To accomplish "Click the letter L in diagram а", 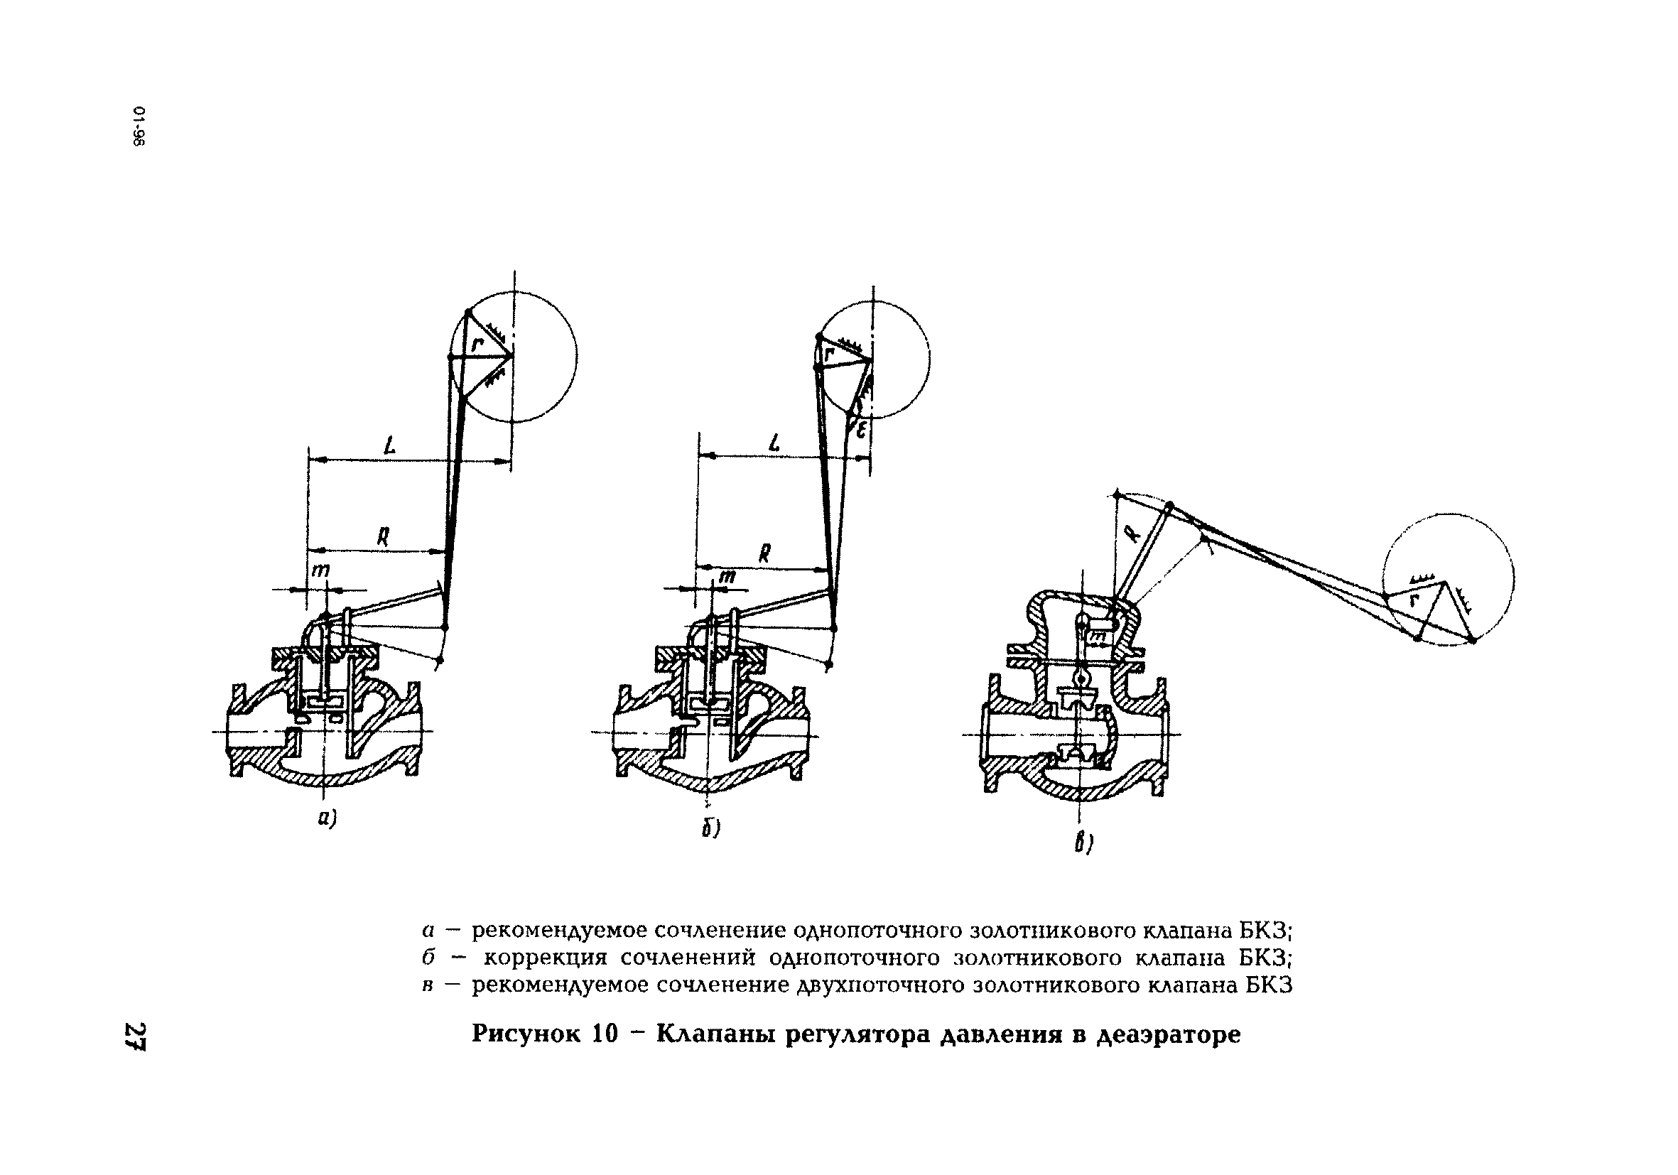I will [390, 445].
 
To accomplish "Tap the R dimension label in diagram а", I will [382, 538].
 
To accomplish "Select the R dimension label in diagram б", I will [764, 553].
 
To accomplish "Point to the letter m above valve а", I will [320, 570].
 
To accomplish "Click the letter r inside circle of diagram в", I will [1414, 601].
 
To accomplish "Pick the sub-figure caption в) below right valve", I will [1083, 845].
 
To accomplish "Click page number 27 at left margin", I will [136, 1036].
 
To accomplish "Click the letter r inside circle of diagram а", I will [477, 343].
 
